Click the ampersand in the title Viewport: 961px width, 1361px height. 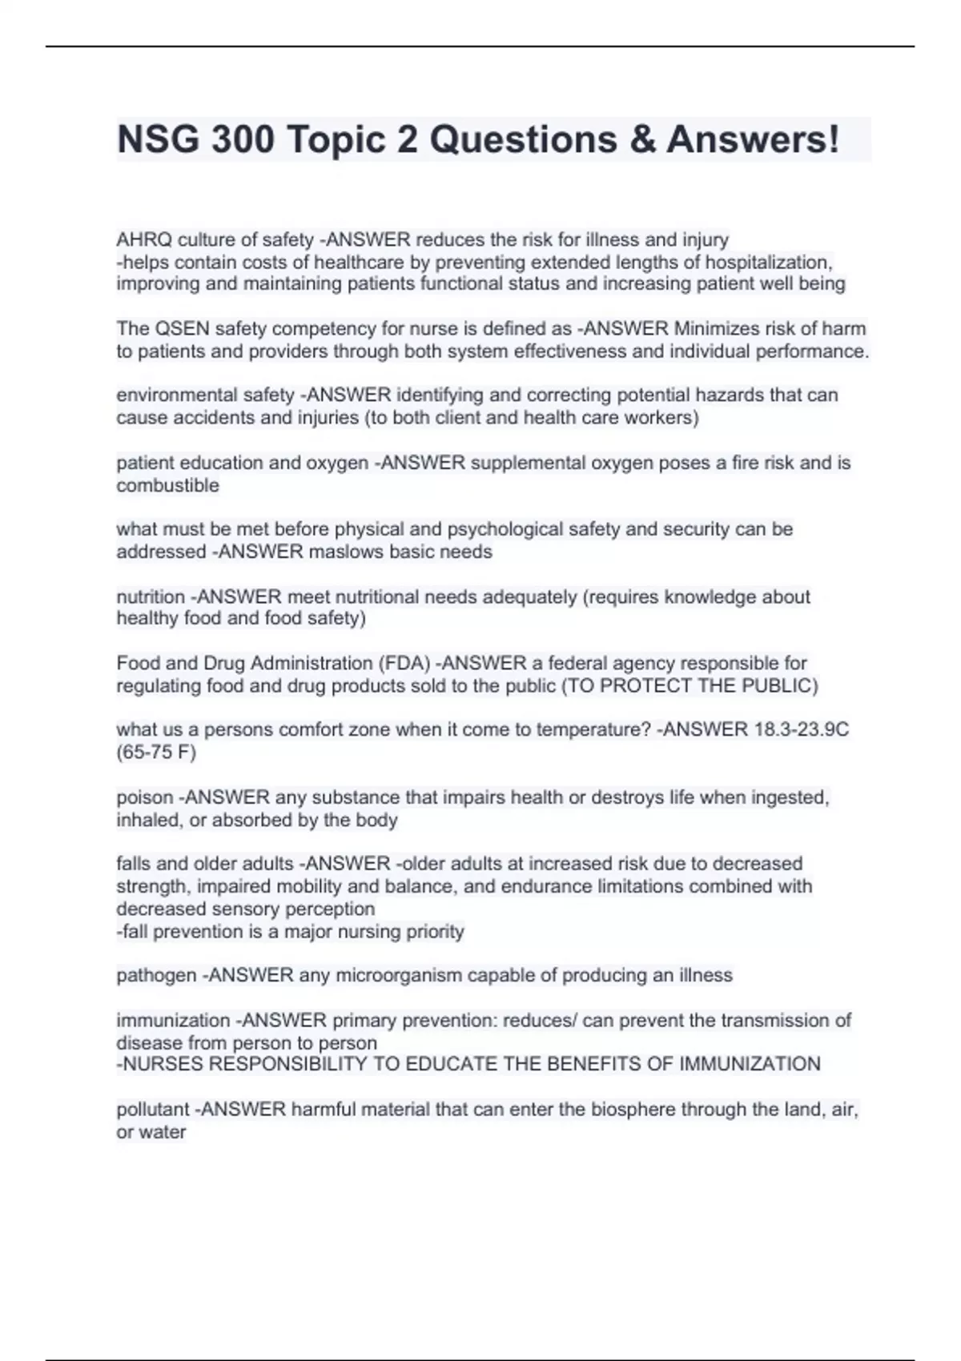pyautogui.click(x=642, y=139)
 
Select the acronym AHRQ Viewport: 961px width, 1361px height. pyautogui.click(x=144, y=239)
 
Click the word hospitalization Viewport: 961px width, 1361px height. pyautogui.click(x=769, y=262)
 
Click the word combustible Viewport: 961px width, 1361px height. pyautogui.click(x=167, y=485)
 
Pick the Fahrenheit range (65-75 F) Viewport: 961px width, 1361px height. pyautogui.click(x=156, y=752)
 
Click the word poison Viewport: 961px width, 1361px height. pyautogui.click(x=145, y=797)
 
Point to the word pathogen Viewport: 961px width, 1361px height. pyautogui.click(x=156, y=975)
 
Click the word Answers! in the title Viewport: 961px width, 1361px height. pyautogui.click(x=753, y=139)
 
